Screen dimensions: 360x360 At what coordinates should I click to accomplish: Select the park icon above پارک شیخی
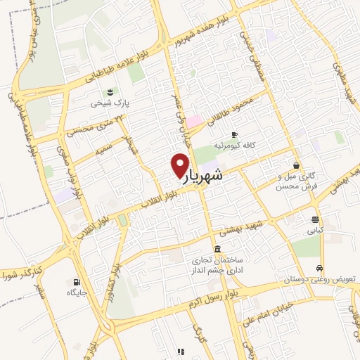(109, 92)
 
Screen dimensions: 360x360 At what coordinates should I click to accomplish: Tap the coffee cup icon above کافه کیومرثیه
(235, 134)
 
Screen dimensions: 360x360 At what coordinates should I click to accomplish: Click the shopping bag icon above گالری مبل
(297, 166)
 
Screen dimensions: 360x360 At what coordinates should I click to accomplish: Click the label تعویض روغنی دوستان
(314, 280)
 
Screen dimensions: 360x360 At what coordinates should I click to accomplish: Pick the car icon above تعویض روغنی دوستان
(320, 269)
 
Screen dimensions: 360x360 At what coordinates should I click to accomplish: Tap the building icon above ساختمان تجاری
(217, 250)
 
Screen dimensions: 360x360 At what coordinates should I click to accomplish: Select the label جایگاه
(77, 291)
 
